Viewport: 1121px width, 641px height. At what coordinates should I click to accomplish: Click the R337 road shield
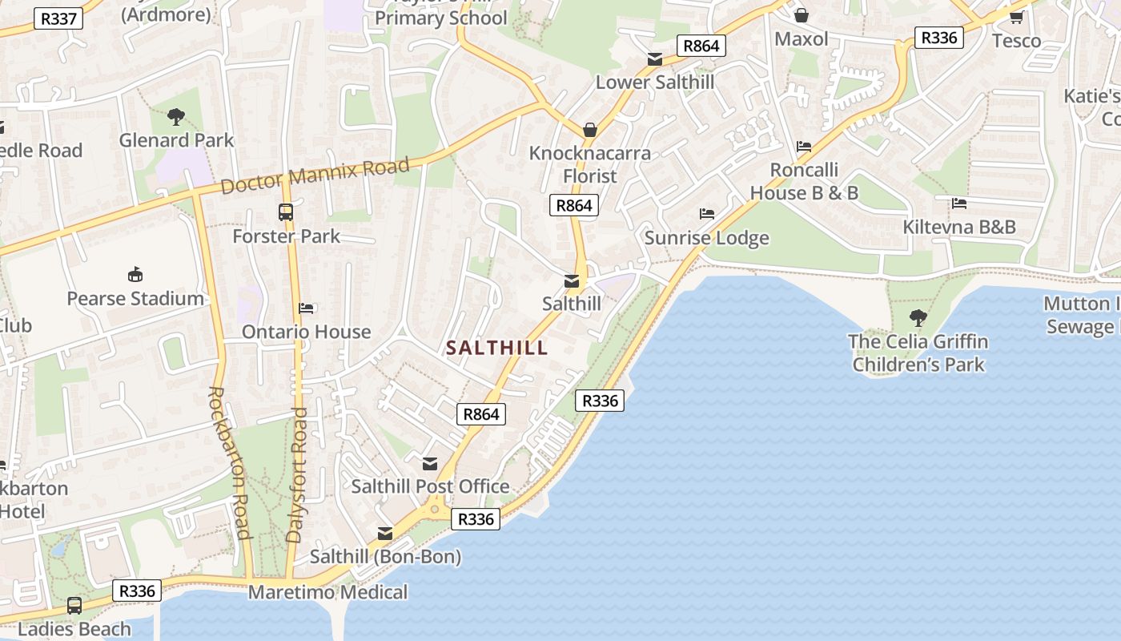[x=58, y=18]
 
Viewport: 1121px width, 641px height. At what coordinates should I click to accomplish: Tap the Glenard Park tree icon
[x=176, y=117]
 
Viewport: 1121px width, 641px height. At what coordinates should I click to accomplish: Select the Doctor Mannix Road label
[x=315, y=175]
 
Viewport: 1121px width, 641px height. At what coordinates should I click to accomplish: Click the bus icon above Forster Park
[x=286, y=212]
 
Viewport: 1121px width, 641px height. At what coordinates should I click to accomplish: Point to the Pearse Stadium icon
[x=135, y=275]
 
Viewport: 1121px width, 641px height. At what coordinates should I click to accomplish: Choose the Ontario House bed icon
[x=306, y=308]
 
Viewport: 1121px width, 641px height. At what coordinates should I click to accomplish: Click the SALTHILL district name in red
[x=496, y=348]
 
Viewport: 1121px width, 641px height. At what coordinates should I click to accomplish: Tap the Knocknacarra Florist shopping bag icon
[x=590, y=130]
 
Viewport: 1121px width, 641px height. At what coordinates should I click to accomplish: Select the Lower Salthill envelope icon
[x=655, y=59]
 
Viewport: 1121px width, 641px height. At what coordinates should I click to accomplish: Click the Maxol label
[x=802, y=38]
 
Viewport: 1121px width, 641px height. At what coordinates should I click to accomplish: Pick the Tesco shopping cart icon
[x=1016, y=17]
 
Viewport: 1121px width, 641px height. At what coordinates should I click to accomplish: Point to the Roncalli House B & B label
[x=804, y=182]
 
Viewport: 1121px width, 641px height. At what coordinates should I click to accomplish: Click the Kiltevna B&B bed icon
[x=959, y=204]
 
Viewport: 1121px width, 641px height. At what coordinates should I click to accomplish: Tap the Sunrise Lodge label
[x=706, y=238]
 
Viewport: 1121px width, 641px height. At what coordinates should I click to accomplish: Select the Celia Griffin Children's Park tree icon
[x=918, y=318]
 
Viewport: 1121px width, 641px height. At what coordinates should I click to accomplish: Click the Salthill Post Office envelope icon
[x=430, y=464]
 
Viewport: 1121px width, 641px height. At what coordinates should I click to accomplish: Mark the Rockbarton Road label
[x=229, y=462]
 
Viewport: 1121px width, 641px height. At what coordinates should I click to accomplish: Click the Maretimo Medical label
[x=327, y=593]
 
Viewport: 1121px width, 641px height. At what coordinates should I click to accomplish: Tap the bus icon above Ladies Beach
[x=74, y=606]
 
